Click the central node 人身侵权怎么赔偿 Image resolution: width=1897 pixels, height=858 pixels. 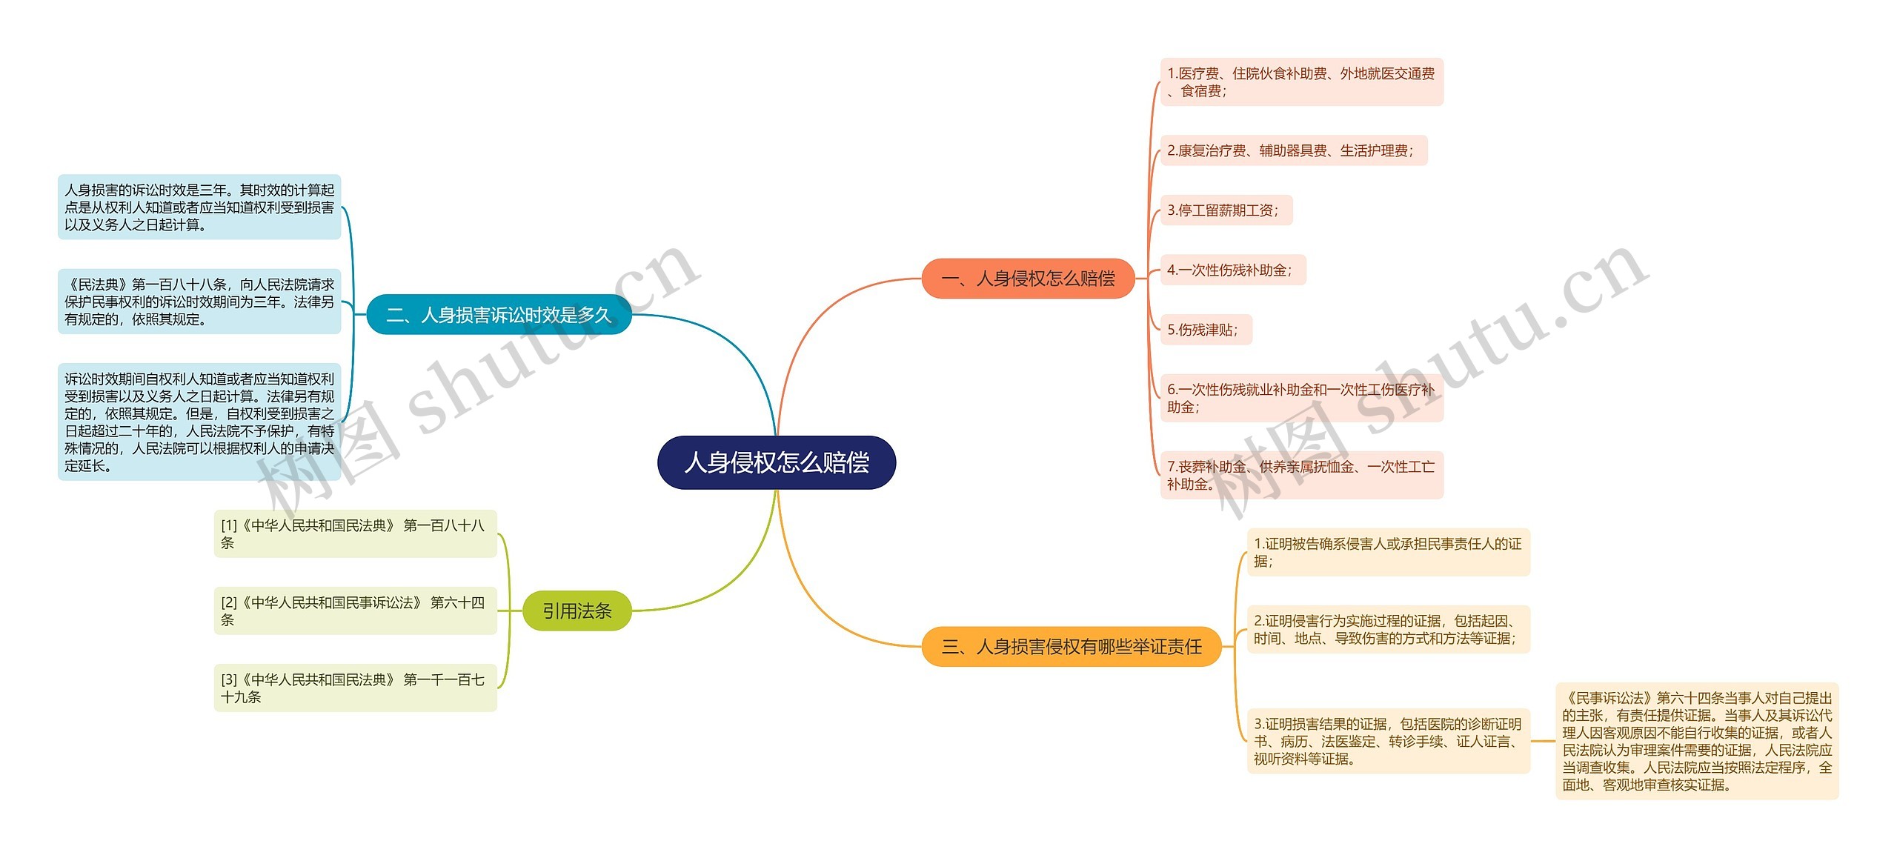click(777, 462)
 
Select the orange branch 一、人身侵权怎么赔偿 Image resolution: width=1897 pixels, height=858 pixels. click(1028, 279)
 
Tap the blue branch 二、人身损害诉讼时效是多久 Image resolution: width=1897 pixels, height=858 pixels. click(499, 315)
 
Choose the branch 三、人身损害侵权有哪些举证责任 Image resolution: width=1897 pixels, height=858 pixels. click(1072, 647)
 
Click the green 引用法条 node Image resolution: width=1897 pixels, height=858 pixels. click(577, 611)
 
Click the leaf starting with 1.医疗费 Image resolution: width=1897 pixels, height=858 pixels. click(1301, 82)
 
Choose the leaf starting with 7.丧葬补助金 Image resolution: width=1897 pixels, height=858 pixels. click(1301, 475)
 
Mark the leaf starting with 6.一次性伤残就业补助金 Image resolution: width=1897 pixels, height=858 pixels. click(1301, 398)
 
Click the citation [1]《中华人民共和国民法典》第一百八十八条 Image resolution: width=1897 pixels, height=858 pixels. click(355, 533)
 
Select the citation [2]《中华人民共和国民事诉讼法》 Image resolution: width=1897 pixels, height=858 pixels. click(355, 611)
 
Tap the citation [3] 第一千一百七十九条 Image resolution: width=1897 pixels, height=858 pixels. click(355, 688)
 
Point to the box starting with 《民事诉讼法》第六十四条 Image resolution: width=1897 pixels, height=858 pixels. click(1697, 741)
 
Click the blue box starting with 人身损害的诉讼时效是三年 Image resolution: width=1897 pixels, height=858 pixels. click(199, 207)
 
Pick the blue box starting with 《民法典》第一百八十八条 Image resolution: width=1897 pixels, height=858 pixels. click(199, 302)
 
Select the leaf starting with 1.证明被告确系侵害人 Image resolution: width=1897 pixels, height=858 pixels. click(1388, 552)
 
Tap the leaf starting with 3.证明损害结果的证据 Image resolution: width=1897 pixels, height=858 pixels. click(1388, 741)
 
